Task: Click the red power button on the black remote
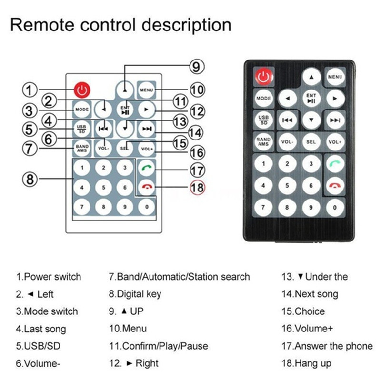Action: pyautogui.click(x=263, y=76)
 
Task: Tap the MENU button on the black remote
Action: pyautogui.click(x=335, y=76)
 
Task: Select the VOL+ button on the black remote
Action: pyautogui.click(x=335, y=142)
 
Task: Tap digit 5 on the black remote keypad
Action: pyautogui.click(x=287, y=185)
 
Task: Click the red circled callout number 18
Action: pyautogui.click(x=197, y=187)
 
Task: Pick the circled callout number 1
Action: pyautogui.click(x=30, y=90)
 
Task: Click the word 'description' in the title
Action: pyautogui.click(x=182, y=25)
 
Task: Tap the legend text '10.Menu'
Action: pyautogui.click(x=128, y=329)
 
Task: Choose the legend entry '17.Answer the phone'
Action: pyautogui.click(x=327, y=346)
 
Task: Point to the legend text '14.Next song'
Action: pyautogui.click(x=310, y=294)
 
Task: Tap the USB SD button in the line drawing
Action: pyautogui.click(x=82, y=128)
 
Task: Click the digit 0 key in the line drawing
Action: pyautogui.click(x=146, y=207)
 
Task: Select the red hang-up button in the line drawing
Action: pyautogui.click(x=146, y=187)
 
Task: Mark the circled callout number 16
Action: pyautogui.click(x=197, y=152)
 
